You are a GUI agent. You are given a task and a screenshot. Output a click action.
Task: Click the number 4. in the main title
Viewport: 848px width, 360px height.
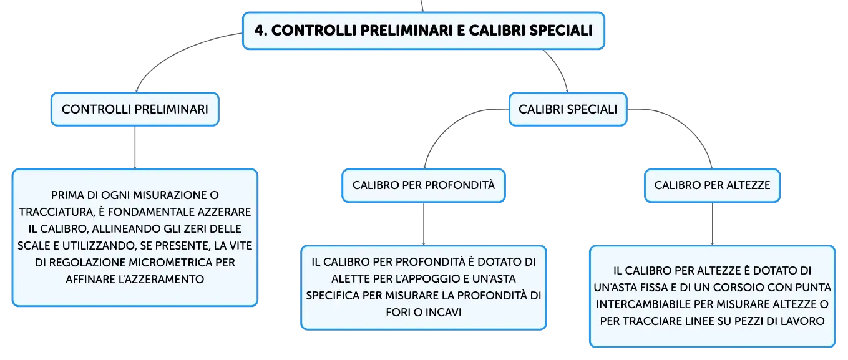coord(261,31)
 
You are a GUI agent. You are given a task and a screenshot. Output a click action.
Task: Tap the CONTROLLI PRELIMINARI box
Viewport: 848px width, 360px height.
coord(135,109)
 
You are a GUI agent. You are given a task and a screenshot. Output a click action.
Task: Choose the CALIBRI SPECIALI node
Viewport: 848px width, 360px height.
coord(568,109)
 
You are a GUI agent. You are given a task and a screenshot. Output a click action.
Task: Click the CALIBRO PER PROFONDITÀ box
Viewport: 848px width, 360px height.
coord(424,185)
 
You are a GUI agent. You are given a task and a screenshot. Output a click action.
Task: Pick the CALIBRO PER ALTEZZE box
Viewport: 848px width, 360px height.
coord(712,185)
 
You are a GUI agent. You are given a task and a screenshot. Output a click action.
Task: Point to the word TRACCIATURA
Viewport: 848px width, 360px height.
coord(57,212)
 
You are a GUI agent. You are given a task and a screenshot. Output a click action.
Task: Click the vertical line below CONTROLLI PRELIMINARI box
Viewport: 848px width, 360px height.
coord(135,148)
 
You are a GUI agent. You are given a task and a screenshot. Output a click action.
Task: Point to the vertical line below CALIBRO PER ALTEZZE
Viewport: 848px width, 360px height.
coord(713,224)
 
